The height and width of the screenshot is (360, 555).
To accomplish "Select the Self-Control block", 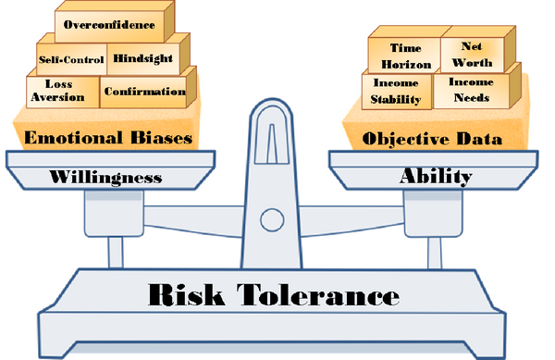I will pyautogui.click(x=71, y=59).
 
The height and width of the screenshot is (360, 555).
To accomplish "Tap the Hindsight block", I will pyautogui.click(x=141, y=58).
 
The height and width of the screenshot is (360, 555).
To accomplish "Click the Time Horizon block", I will pyautogui.click(x=405, y=55).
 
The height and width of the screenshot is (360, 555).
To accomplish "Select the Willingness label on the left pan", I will pyautogui.click(x=104, y=174).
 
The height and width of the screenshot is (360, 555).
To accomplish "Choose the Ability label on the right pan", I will pyautogui.click(x=436, y=174).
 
